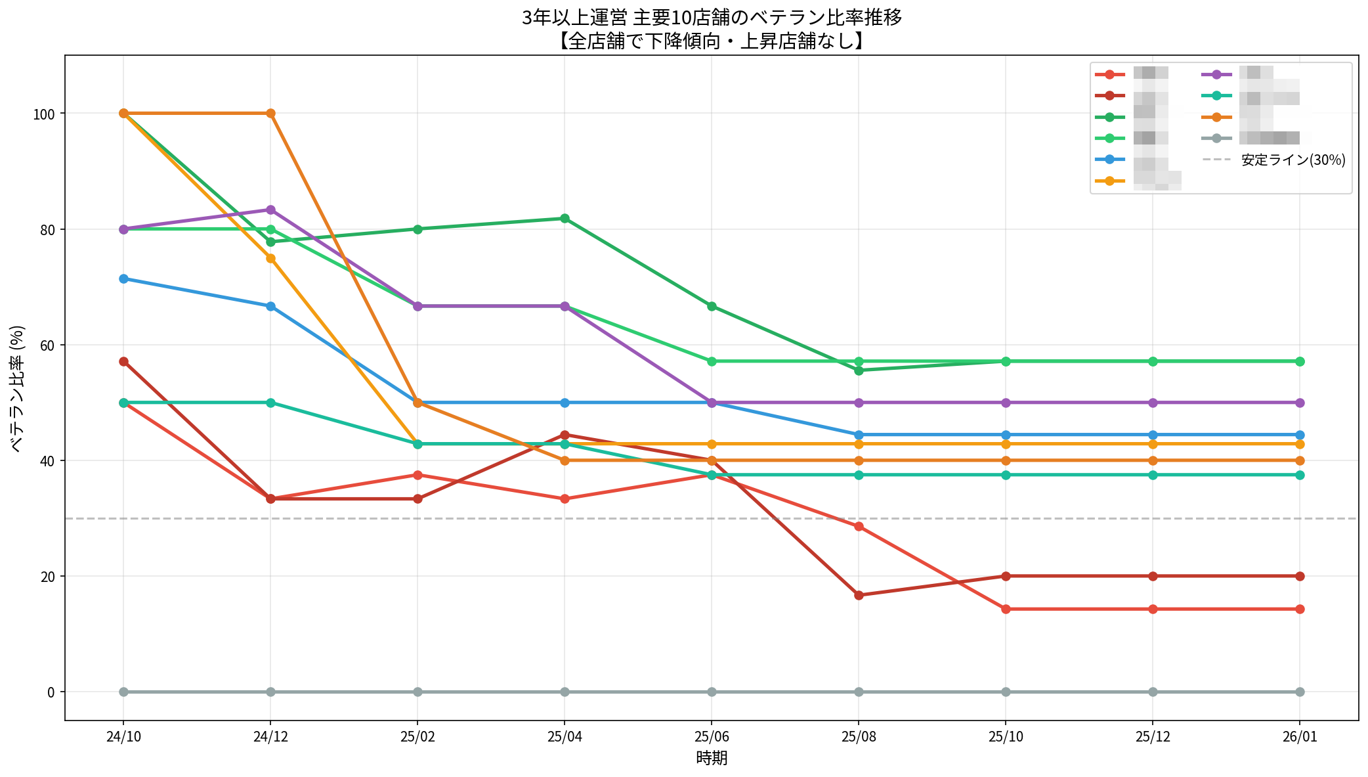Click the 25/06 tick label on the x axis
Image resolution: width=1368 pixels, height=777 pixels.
(712, 737)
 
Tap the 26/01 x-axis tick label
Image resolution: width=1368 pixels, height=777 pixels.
(1300, 737)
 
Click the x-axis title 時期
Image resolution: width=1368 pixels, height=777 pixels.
(712, 759)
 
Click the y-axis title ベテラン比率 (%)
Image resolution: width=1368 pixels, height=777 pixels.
(18, 388)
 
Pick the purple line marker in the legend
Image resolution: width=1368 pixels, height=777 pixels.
(1216, 74)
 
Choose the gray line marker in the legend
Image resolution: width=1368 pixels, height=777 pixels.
(1216, 139)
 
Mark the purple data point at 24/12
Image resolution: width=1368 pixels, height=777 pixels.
(270, 210)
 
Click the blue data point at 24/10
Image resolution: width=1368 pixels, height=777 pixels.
(123, 279)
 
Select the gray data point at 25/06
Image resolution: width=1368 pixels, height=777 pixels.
(712, 692)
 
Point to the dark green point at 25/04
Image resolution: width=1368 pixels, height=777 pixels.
(565, 219)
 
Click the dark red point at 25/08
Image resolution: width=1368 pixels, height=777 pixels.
(859, 595)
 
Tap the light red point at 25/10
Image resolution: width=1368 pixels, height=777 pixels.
(1006, 609)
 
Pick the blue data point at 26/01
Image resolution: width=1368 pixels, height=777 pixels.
(1300, 435)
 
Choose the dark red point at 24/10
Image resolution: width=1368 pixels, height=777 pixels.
(123, 362)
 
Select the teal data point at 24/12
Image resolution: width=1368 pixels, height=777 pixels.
(270, 403)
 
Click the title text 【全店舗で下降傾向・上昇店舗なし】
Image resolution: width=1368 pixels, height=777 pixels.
(712, 41)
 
